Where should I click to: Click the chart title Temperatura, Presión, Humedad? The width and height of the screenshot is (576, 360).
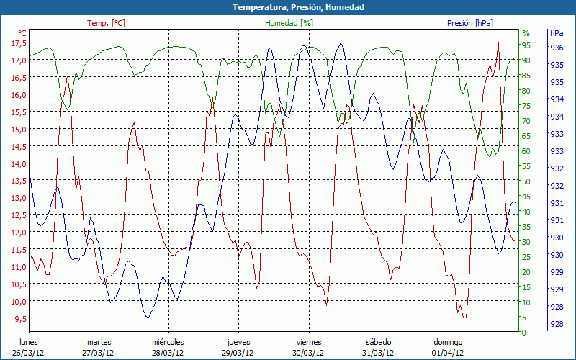coord(288,7)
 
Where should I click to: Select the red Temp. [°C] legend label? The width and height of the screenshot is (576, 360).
coord(106,23)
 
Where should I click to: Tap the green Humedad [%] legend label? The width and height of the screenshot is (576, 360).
coord(289,23)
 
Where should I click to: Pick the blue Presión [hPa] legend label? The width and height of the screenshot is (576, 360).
coord(470,23)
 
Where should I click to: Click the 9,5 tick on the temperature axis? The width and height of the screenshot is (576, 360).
coord(18,319)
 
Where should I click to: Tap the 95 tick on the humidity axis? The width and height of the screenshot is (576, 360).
coord(526,45)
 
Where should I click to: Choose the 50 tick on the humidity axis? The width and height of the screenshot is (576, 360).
coord(526,182)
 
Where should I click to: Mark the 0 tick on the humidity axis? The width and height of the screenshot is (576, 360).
coord(524,333)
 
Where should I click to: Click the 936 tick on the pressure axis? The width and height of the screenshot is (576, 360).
coord(557,48)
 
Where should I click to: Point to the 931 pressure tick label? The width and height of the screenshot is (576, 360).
coord(557,203)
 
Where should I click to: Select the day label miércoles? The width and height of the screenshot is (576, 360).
coord(168,342)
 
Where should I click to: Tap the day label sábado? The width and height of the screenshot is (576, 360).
coord(378,342)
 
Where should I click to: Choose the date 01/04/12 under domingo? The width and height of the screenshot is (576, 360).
coord(448,353)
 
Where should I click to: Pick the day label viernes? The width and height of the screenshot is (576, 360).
coord(308,342)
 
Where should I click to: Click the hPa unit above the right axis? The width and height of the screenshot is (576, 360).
coord(557,33)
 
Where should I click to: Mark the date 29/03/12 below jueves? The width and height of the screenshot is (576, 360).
coord(238,353)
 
